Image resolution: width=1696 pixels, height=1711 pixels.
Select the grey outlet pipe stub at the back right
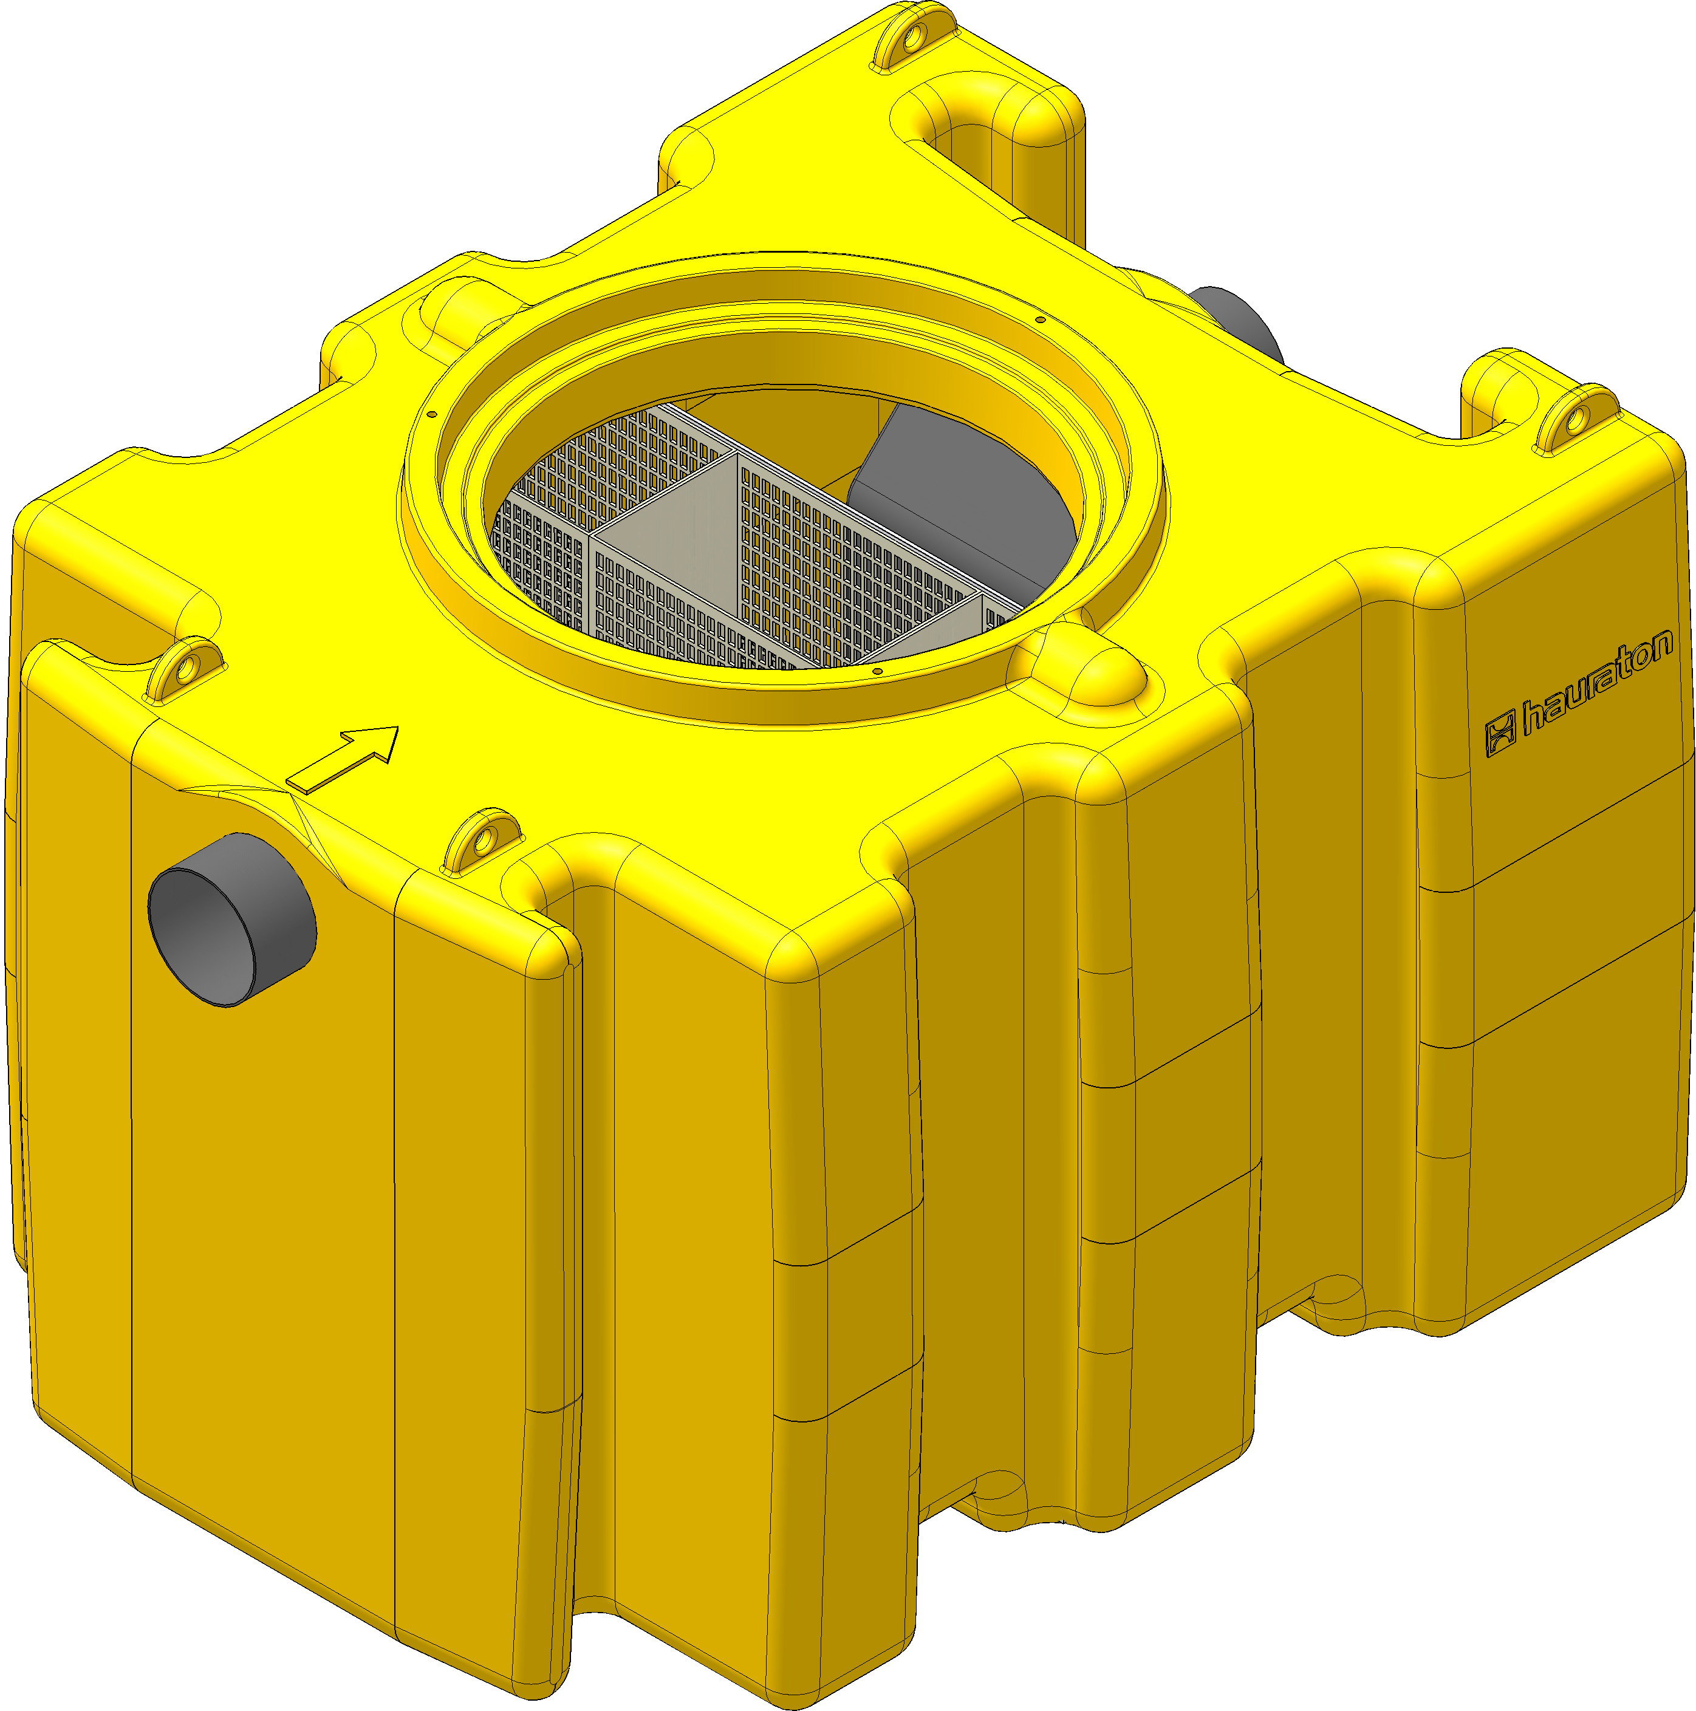1240,323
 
